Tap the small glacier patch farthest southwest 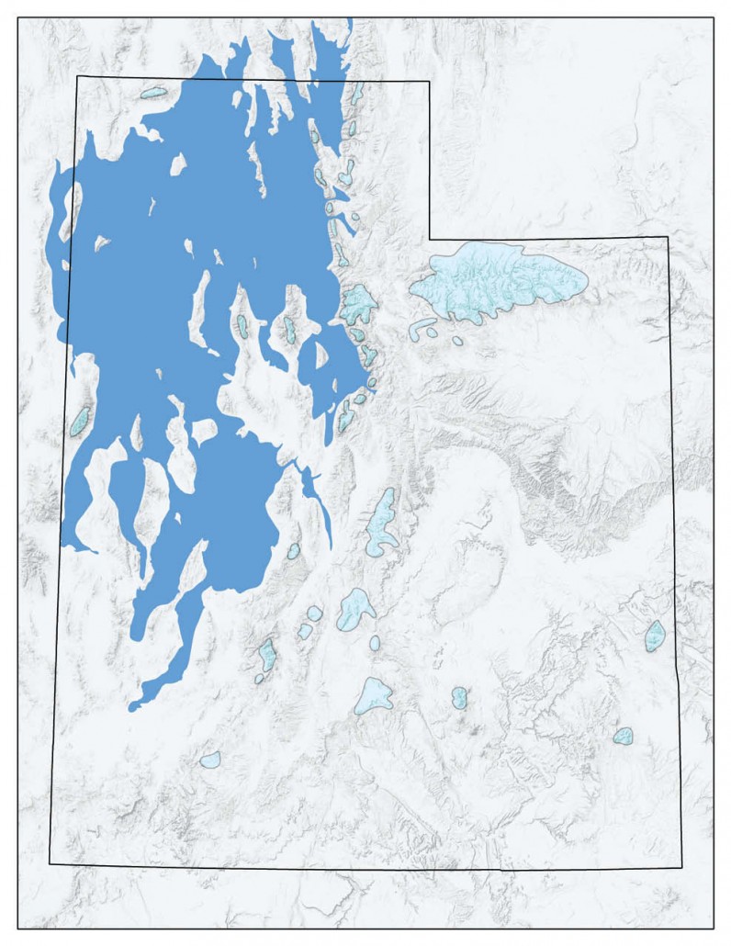(x=210, y=760)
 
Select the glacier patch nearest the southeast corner (x=623, y=736)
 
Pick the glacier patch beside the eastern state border (x=655, y=636)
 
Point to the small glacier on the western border (x=81, y=422)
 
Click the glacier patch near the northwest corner (x=152, y=93)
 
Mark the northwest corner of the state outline (x=77, y=76)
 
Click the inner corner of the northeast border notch (x=429, y=237)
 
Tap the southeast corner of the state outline (x=681, y=867)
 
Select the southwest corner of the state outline (x=50, y=863)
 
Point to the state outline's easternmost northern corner (x=668, y=238)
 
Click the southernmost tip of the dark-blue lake (x=131, y=708)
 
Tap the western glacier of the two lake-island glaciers (x=242, y=325)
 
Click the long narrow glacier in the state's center (x=381, y=524)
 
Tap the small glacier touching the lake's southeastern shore (x=293, y=551)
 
